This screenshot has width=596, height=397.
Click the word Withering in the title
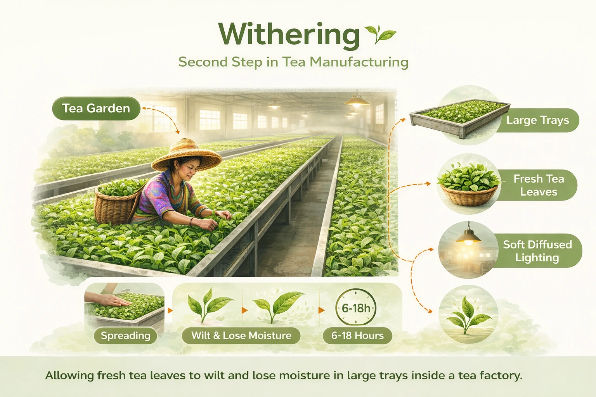click(x=289, y=35)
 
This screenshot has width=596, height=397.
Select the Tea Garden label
click(x=96, y=108)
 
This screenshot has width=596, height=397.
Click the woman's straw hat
click(x=186, y=155)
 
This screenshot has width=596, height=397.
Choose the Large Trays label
click(x=538, y=120)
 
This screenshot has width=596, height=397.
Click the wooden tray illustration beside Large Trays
click(x=459, y=118)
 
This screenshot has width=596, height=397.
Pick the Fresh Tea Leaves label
click(x=539, y=185)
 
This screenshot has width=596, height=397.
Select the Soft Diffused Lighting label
click(x=537, y=251)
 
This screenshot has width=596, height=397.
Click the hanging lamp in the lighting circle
click(x=468, y=235)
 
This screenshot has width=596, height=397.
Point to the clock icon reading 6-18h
click(x=356, y=307)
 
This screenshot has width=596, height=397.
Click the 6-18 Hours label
click(x=357, y=336)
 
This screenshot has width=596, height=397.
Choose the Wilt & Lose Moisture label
click(x=241, y=336)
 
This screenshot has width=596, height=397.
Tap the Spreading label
click(x=126, y=336)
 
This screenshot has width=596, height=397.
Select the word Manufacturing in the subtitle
click(x=359, y=62)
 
